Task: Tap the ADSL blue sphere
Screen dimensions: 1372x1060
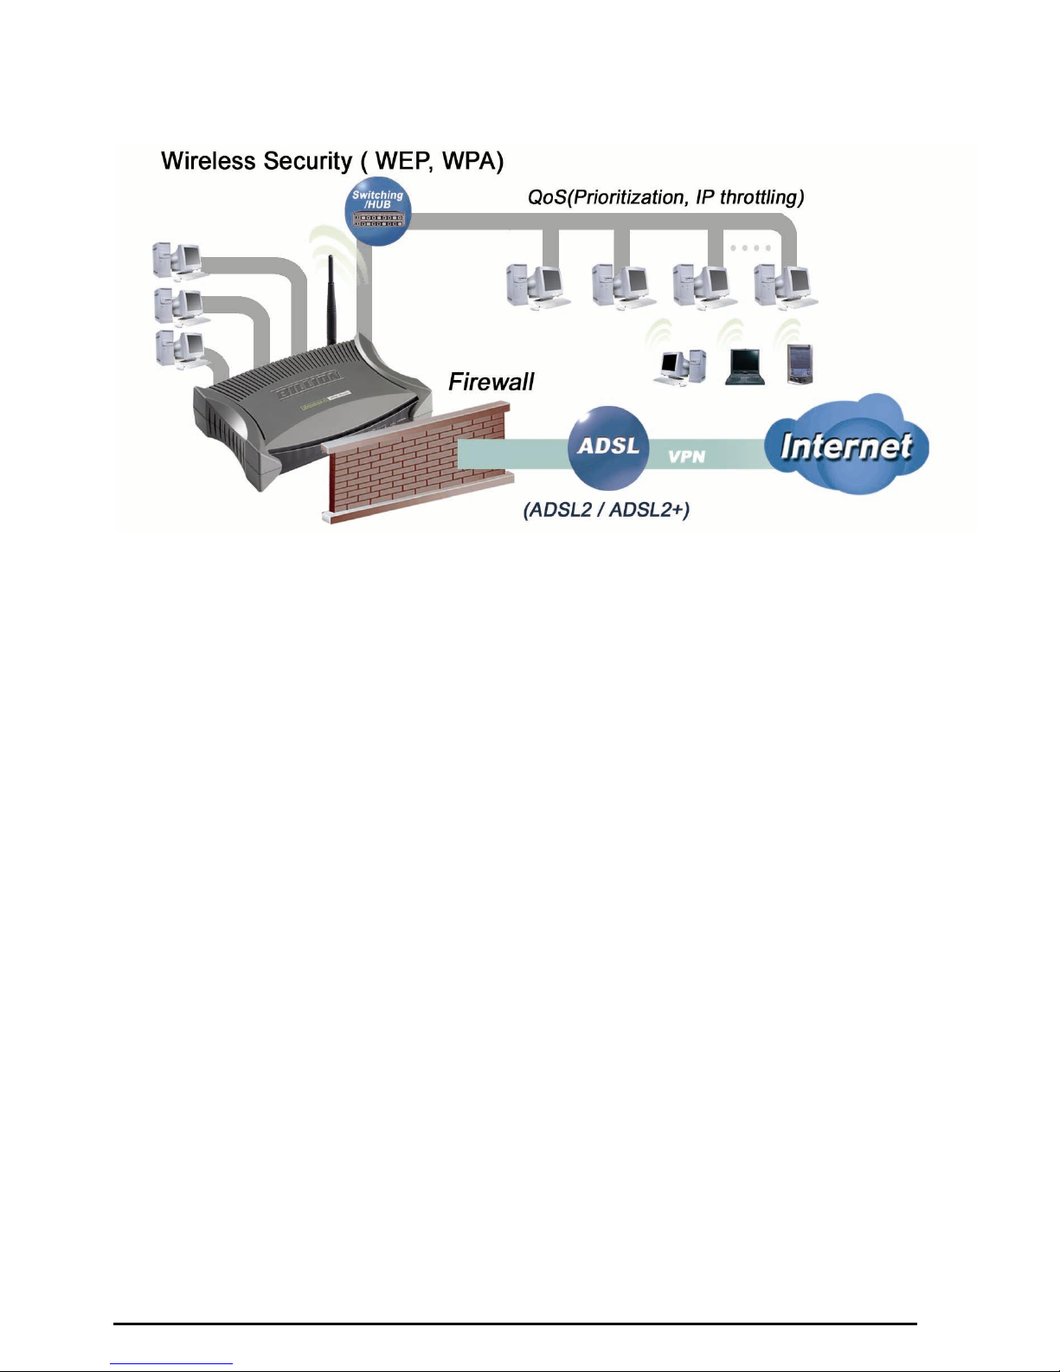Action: pos(608,448)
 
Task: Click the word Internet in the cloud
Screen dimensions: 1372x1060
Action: pos(845,446)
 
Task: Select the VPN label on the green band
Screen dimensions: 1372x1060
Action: pos(686,456)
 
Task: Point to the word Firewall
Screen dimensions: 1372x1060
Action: pos(491,382)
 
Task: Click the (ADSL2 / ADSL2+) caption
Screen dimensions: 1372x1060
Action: pos(606,509)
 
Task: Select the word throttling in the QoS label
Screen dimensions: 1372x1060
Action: pos(761,197)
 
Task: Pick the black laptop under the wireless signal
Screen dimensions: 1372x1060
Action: pos(743,366)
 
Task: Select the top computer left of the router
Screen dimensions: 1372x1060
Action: pos(178,259)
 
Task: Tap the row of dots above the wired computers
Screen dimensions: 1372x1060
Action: pos(749,248)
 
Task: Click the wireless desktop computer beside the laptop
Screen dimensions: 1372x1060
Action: pos(679,367)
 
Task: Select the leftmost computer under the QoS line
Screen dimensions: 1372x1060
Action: pos(536,286)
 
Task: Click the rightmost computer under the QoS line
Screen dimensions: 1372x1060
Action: pos(785,286)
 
